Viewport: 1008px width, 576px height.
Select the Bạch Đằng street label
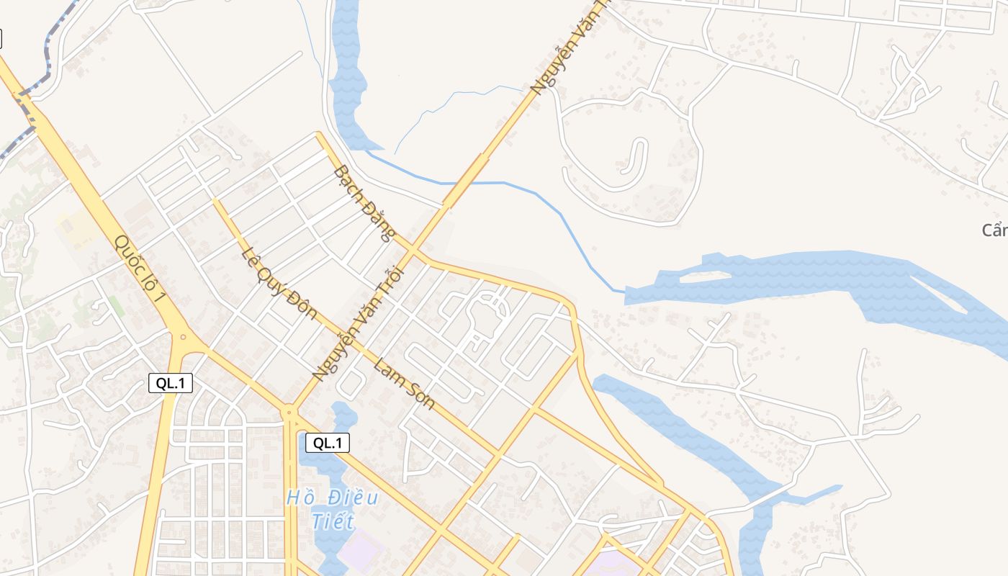[x=364, y=203]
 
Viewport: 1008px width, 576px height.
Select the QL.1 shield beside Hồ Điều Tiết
[x=328, y=443]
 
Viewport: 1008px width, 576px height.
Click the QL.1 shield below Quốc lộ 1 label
[x=171, y=383]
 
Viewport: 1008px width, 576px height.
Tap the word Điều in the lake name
[x=353, y=497]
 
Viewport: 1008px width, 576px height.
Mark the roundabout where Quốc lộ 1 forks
[x=183, y=336]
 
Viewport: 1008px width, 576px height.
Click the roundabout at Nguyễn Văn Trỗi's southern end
[x=289, y=412]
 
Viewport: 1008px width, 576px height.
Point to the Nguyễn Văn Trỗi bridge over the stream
[x=465, y=180]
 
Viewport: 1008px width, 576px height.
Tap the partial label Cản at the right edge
[x=994, y=230]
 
